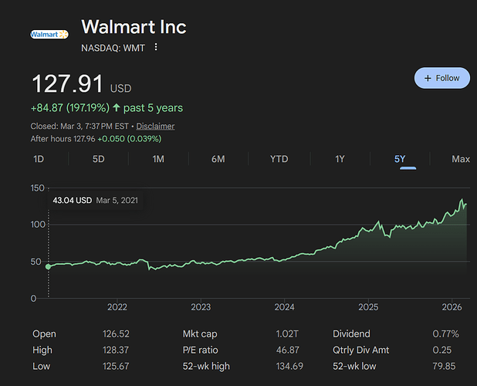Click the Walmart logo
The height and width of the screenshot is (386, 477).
(x=49, y=34)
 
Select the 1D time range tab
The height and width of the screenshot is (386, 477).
(x=39, y=159)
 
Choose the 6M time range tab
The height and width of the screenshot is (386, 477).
(x=218, y=159)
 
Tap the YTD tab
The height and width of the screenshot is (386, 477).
(x=279, y=159)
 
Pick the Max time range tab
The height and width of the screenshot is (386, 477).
(x=461, y=159)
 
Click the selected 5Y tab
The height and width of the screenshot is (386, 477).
(x=400, y=159)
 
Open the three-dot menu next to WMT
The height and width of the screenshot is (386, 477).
(x=156, y=48)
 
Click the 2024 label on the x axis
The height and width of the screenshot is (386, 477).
(x=284, y=306)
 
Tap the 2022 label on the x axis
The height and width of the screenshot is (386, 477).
(x=117, y=306)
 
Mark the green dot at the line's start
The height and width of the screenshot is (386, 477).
(x=49, y=266)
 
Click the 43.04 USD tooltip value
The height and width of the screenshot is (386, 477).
(x=72, y=200)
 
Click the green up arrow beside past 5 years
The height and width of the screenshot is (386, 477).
(x=116, y=108)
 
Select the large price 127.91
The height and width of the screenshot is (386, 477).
(x=66, y=85)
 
